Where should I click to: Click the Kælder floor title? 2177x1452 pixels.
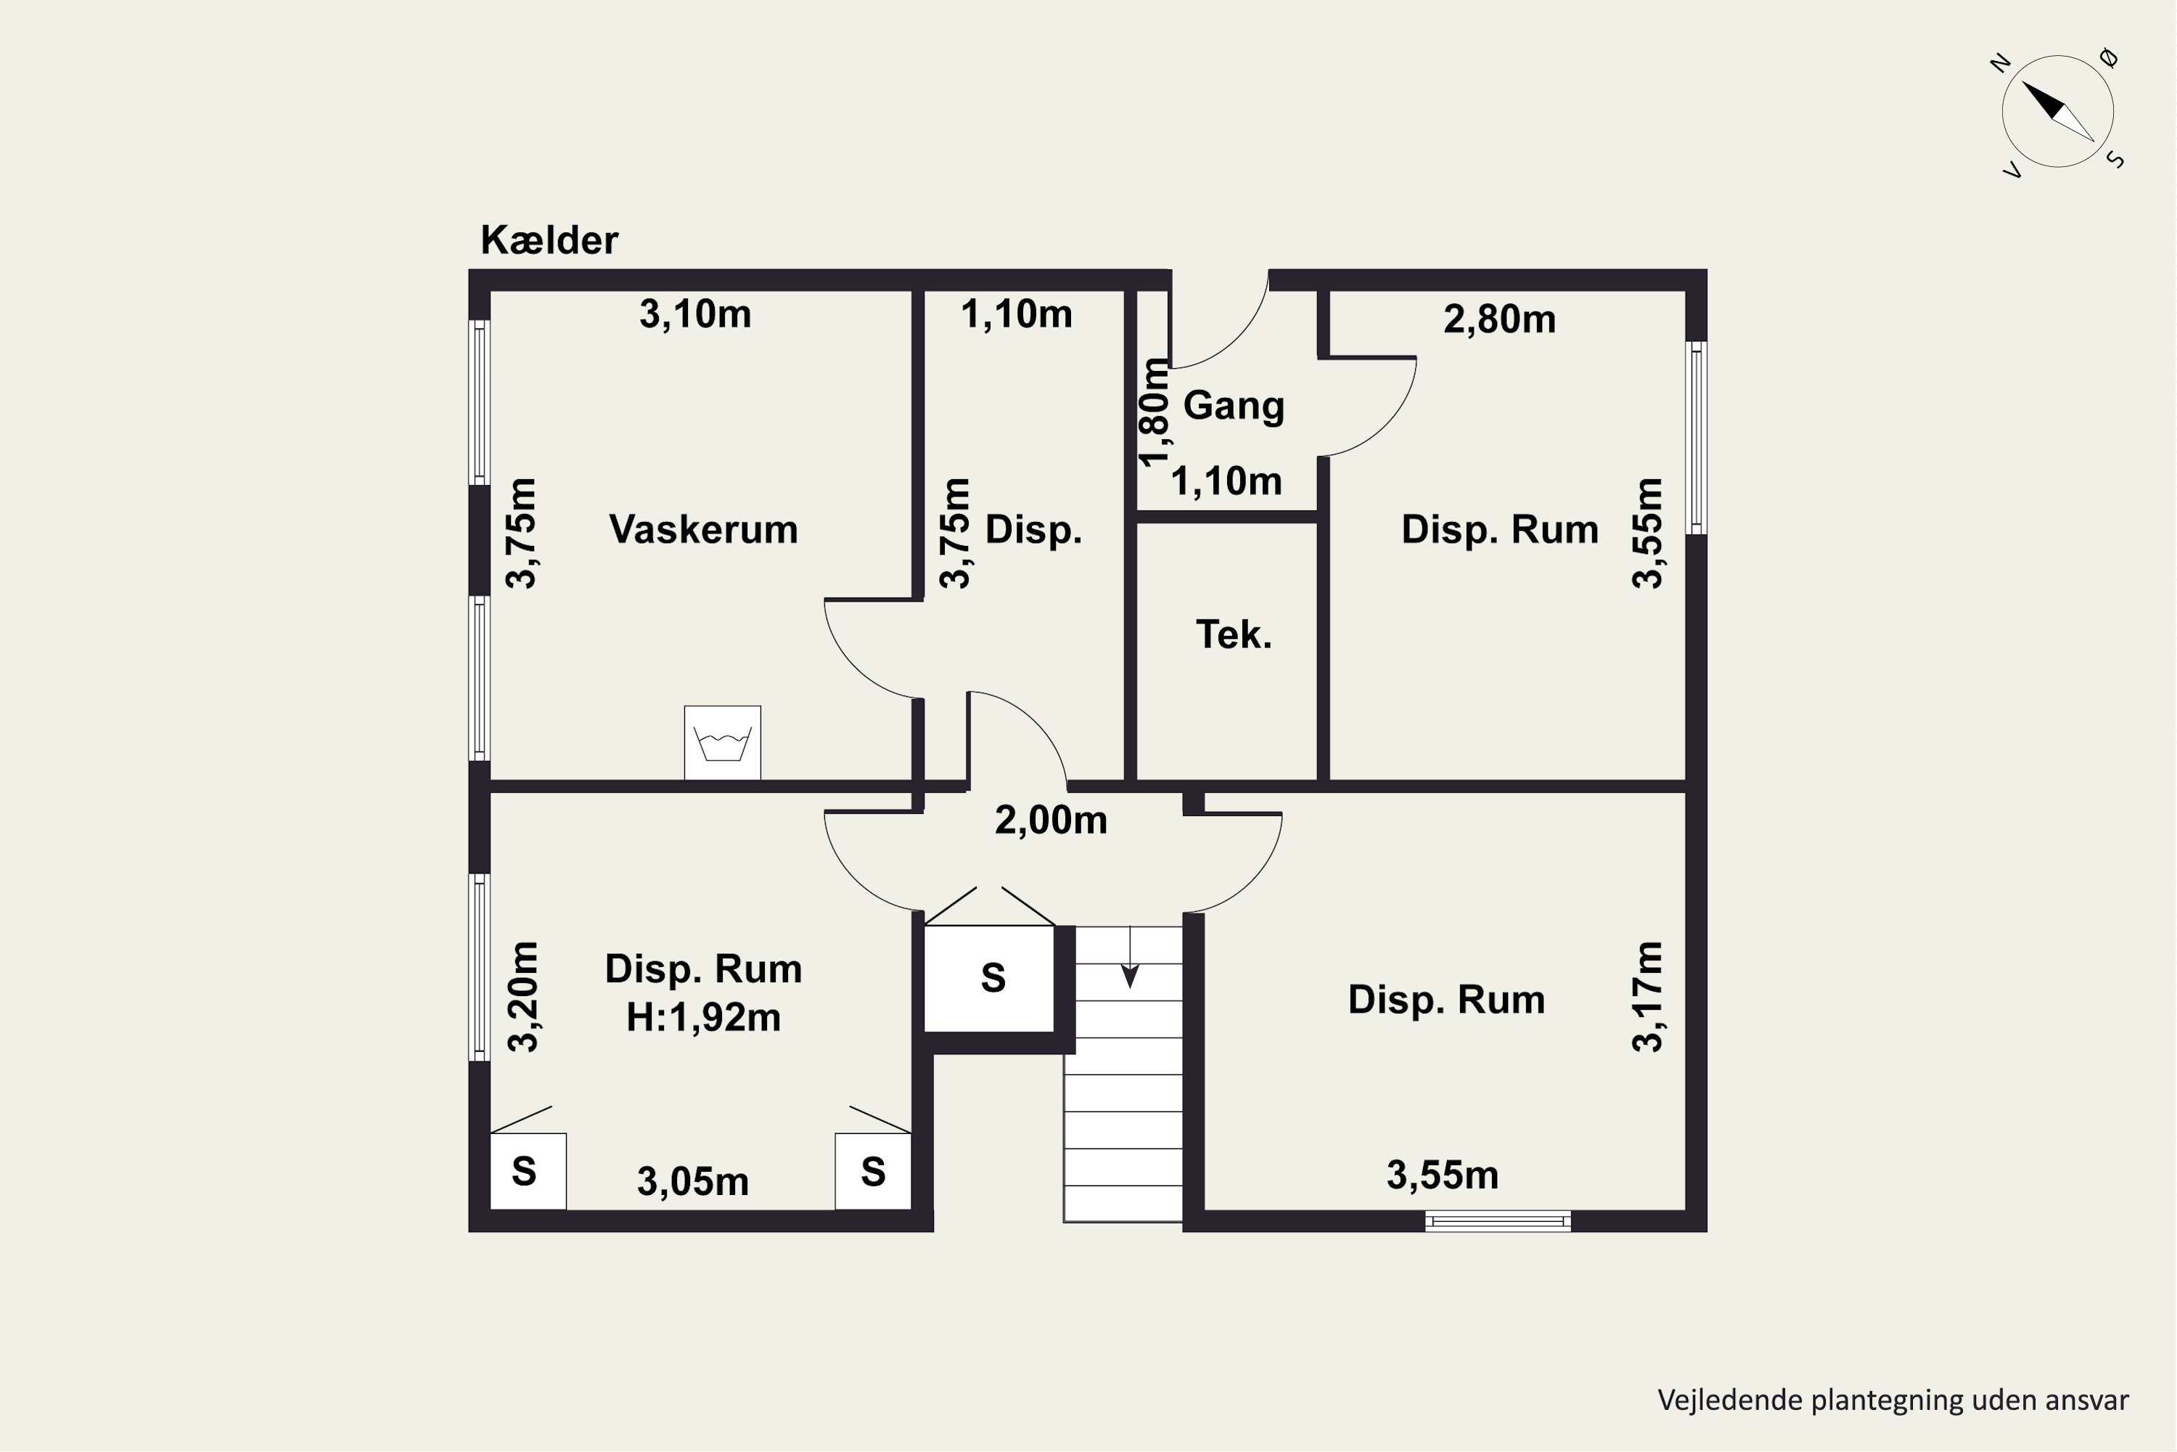coord(549,241)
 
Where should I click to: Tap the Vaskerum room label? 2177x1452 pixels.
coord(703,530)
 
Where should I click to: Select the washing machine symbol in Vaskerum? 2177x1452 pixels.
coord(723,743)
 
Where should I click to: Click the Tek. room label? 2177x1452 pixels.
coord(1234,635)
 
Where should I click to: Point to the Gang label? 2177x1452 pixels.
coord(1234,406)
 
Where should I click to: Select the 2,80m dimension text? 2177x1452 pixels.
coord(1499,319)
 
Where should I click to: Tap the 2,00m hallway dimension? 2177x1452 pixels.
coord(1051,820)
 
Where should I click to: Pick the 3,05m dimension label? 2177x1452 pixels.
coord(692,1182)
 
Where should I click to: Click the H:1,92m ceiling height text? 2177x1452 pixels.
coord(703,1018)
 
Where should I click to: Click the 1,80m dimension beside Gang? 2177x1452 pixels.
coord(1155,412)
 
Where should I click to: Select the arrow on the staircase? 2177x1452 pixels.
coord(1129,958)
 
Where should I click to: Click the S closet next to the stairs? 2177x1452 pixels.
coord(990,978)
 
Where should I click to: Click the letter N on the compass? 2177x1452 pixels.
coord(2000,63)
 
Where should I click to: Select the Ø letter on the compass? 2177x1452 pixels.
coord(2110,58)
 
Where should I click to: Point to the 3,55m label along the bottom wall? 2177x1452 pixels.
coord(1442,1175)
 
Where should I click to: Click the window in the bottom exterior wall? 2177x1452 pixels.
coord(1498,1221)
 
